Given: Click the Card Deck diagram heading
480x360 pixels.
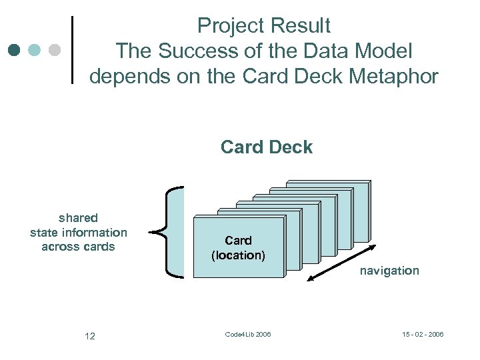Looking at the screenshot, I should click(x=266, y=147).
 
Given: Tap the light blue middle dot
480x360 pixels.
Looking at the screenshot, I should click(x=35, y=50).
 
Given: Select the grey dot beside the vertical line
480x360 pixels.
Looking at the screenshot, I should click(x=55, y=50).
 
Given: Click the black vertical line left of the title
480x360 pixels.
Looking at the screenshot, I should click(x=71, y=50).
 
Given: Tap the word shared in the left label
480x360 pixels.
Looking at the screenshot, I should click(x=78, y=218).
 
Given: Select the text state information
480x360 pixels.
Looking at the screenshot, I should click(x=78, y=232).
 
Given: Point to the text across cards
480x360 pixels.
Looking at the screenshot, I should click(x=78, y=247).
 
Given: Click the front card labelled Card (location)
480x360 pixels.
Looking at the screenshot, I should click(x=238, y=247).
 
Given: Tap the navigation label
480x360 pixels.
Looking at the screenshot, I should click(x=389, y=271).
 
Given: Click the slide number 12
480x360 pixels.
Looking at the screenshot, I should click(x=90, y=336).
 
